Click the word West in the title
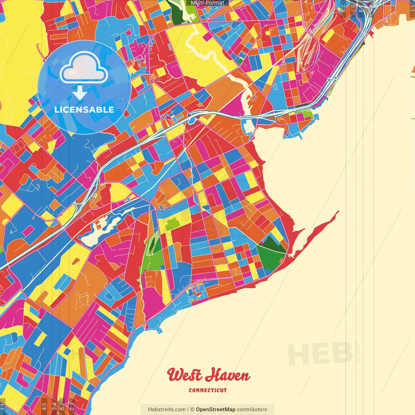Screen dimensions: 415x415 (x=184, y=375)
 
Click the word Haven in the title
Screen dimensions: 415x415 (x=228, y=375)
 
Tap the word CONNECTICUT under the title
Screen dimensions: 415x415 (x=207, y=390)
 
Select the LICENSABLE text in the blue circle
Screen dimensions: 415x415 (x=84, y=110)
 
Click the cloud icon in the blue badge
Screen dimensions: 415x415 (x=83, y=68)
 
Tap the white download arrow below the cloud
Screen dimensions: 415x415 (x=79, y=93)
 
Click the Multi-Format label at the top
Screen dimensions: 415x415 (x=207, y=3)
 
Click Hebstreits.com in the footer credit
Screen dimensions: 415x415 (x=167, y=409)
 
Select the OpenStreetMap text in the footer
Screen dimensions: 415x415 (x=215, y=409)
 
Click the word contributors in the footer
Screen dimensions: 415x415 (x=252, y=409)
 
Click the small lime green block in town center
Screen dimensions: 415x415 (x=172, y=224)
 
